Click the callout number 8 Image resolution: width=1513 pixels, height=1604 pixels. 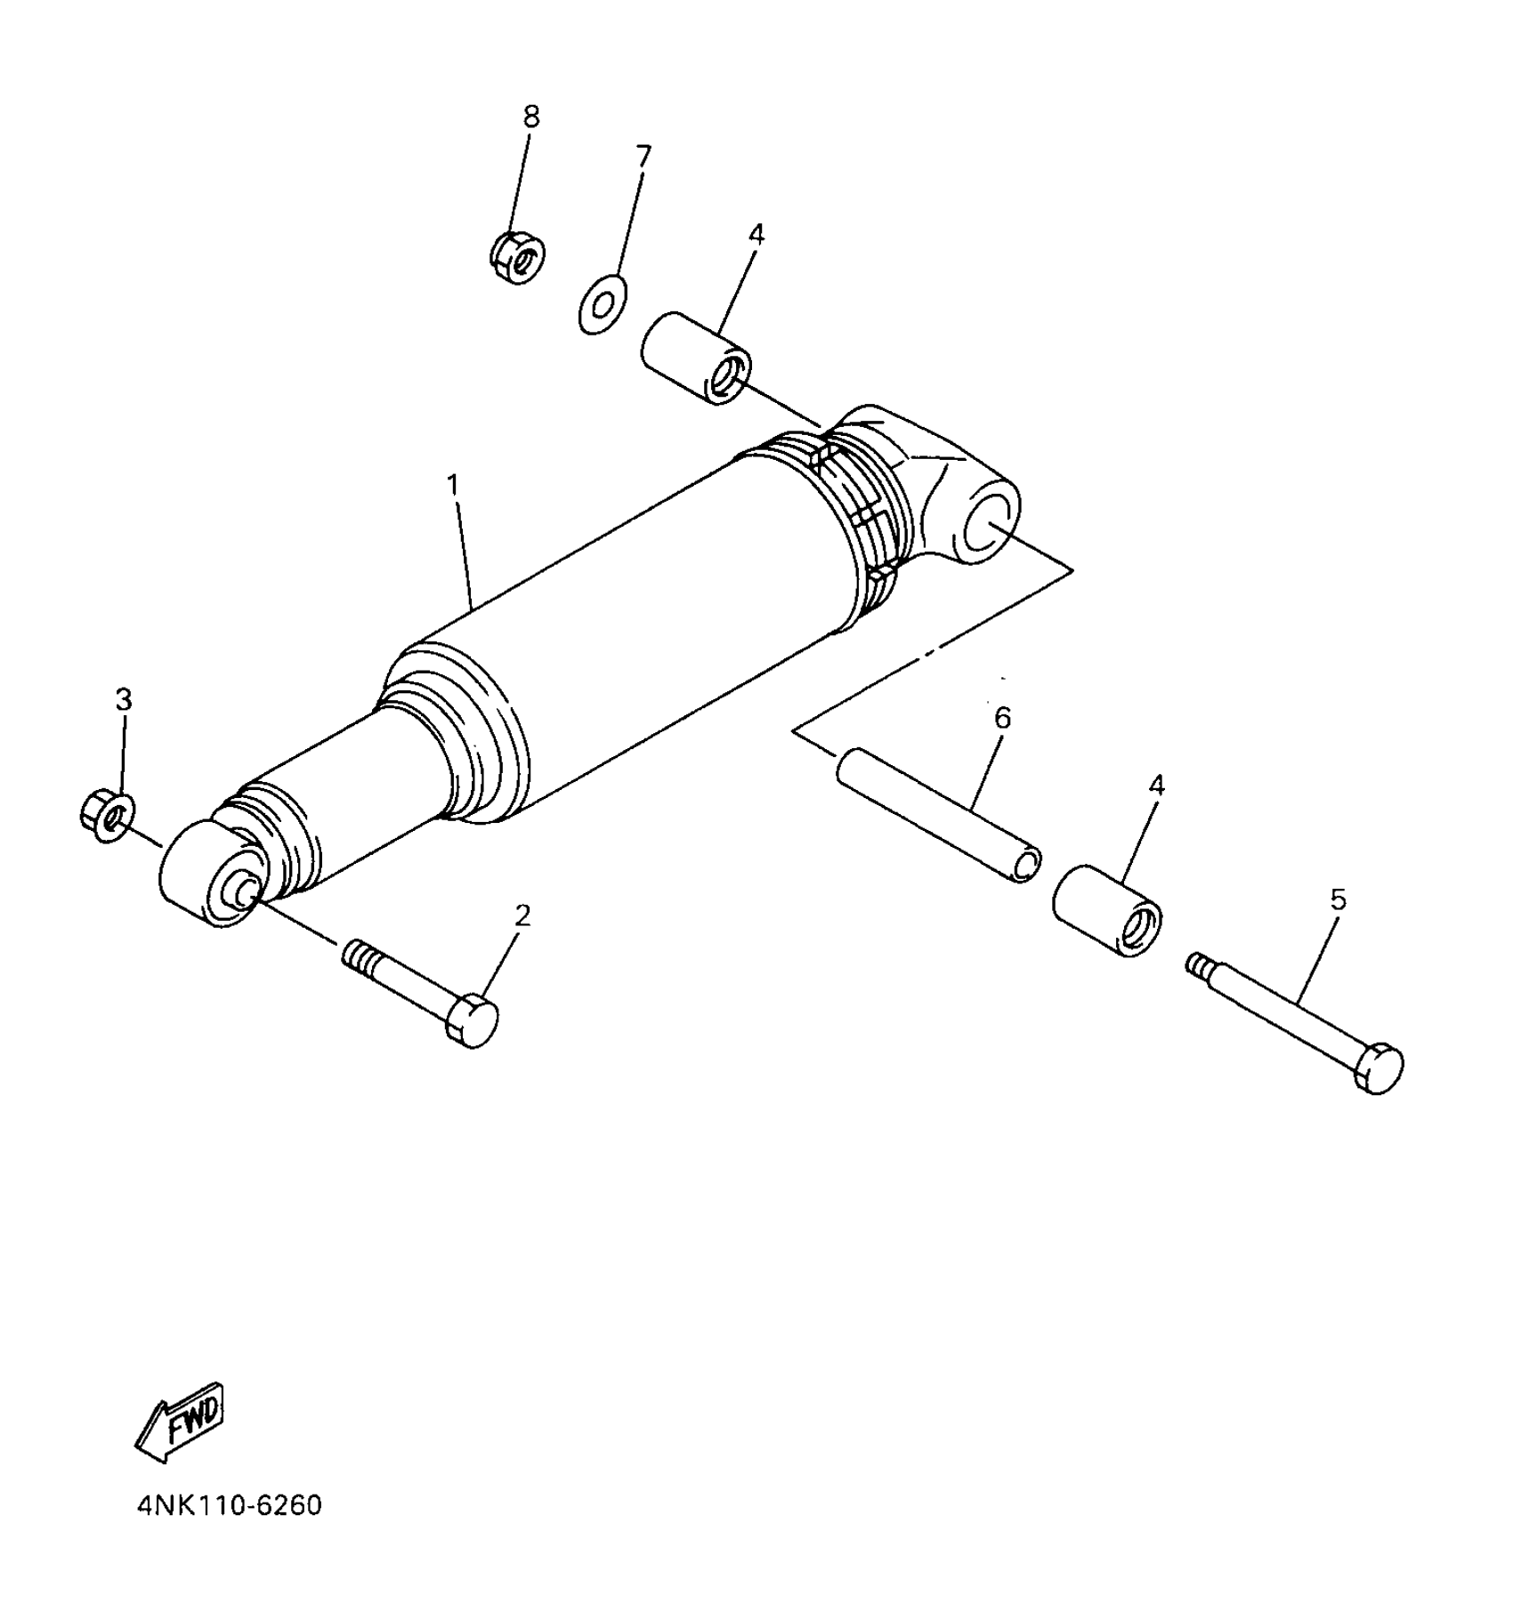pyautogui.click(x=531, y=117)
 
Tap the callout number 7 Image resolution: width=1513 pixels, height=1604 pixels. pyautogui.click(x=643, y=156)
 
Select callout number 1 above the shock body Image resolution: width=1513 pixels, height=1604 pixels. pyautogui.click(x=453, y=485)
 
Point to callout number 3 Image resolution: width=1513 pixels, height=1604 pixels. pyautogui.click(x=124, y=700)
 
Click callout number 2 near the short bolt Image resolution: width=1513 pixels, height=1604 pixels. pyautogui.click(x=522, y=915)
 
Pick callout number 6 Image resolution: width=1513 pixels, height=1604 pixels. pyautogui.click(x=1003, y=718)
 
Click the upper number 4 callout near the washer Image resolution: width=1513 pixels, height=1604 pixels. pyautogui.click(x=756, y=235)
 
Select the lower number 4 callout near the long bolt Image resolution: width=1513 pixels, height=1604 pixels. pyautogui.click(x=1156, y=786)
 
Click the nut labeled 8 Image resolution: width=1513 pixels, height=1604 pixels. pyautogui.click(x=518, y=258)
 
